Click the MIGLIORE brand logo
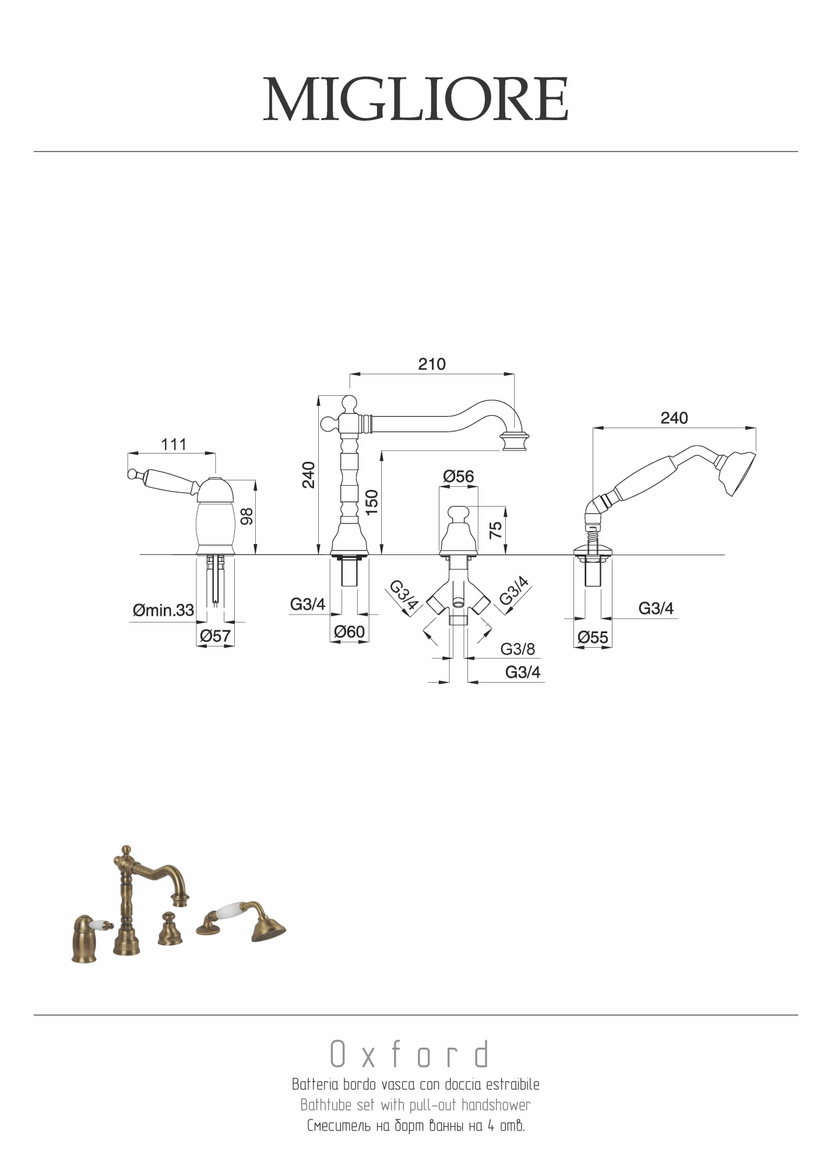click(415, 99)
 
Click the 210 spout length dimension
click(432, 364)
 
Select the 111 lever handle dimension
click(174, 445)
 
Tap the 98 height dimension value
click(247, 516)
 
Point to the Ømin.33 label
click(163, 610)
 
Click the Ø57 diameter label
click(215, 636)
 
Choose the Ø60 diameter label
click(349, 631)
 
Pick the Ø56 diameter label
click(459, 476)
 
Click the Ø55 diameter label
click(593, 637)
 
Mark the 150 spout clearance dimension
click(372, 502)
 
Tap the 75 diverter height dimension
click(495, 530)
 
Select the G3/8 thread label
click(517, 649)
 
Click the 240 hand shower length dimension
click(674, 418)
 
